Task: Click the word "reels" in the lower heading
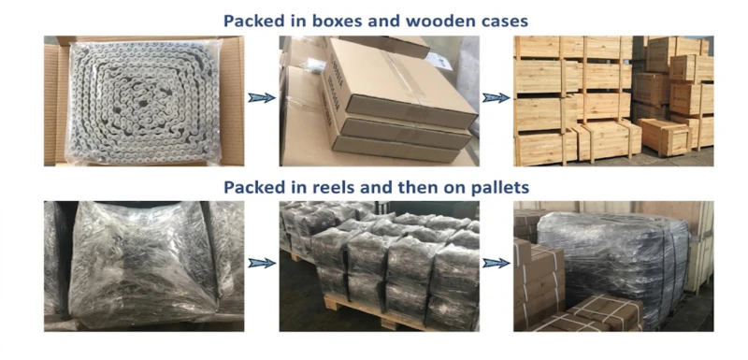(x=334, y=187)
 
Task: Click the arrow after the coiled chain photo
(x=262, y=98)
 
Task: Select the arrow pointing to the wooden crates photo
(x=496, y=98)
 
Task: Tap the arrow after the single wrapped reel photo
(x=262, y=263)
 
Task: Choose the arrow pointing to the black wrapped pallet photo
(x=496, y=263)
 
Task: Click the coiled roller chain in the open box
(x=144, y=103)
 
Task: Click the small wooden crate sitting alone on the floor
(x=665, y=137)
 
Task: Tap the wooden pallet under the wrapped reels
(x=363, y=310)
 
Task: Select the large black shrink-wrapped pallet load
(x=614, y=267)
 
